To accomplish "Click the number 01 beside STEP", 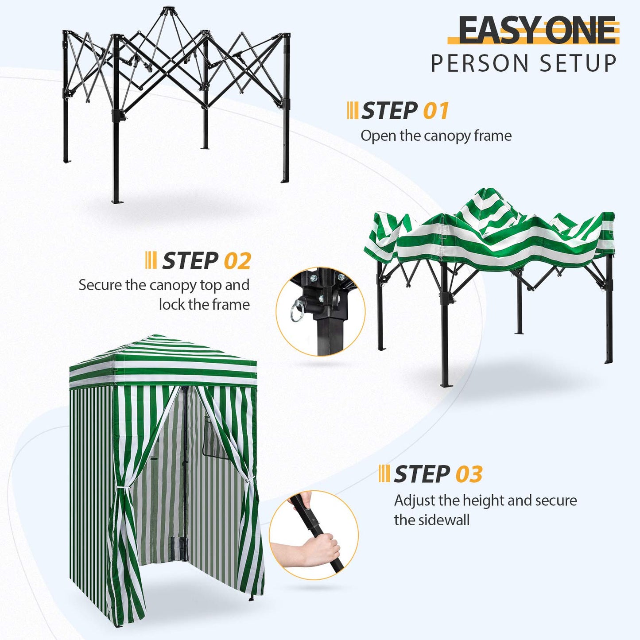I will [436, 111].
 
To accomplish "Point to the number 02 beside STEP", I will [237, 261].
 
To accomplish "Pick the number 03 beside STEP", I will [469, 474].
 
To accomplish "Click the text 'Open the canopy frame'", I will [436, 136].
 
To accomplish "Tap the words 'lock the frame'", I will [204, 305].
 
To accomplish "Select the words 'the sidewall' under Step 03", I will [432, 520].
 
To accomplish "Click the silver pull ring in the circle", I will [296, 310].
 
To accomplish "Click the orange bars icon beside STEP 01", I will [353, 110].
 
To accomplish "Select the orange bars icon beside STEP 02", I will [151, 260].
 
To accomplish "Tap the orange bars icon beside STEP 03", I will [384, 474].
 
